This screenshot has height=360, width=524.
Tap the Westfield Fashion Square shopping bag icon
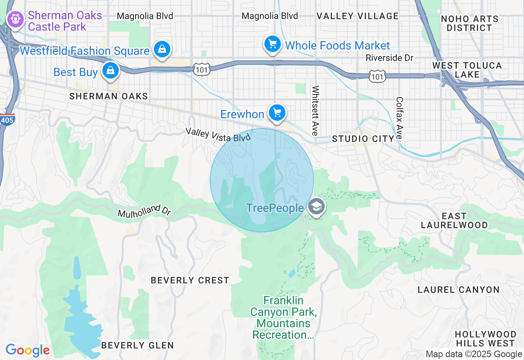click(x=162, y=49)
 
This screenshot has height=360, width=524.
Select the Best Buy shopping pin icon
click(x=110, y=70)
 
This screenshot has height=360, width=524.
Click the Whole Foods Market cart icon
click(x=272, y=44)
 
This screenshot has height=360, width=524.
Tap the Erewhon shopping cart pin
click(x=277, y=112)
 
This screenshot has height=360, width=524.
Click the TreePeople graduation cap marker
click(x=316, y=207)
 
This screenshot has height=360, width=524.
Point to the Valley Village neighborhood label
click(x=357, y=16)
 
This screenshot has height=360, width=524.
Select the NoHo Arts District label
click(x=470, y=23)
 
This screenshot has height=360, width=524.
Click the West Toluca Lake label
click(x=467, y=70)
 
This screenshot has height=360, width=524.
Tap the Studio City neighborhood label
click(x=363, y=139)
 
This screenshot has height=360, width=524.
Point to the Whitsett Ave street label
click(x=315, y=110)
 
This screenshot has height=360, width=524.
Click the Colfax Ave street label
click(x=400, y=118)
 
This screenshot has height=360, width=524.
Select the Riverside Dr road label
click(x=389, y=58)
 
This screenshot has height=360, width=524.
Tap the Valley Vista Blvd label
click(x=217, y=135)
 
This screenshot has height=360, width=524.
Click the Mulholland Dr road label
click(x=144, y=211)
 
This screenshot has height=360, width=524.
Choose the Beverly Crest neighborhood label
click(x=190, y=280)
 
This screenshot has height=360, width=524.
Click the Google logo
click(x=28, y=350)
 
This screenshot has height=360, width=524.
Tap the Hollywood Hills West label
click(x=485, y=339)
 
